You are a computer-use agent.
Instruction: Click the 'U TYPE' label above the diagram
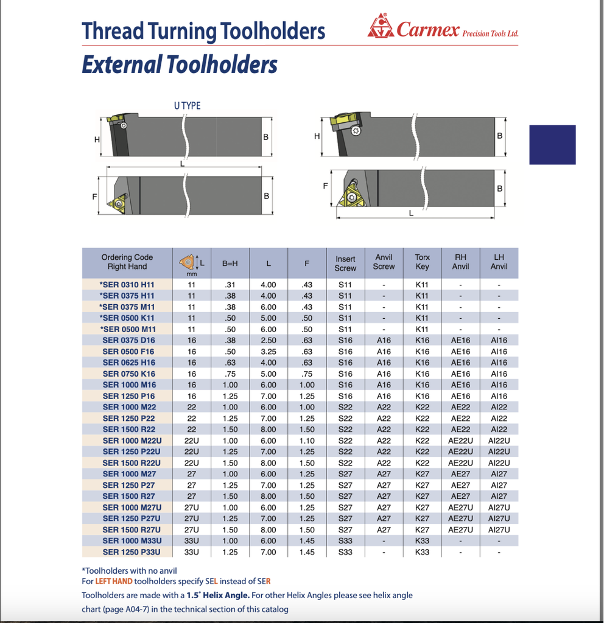tap(187, 106)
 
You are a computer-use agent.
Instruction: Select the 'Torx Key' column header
tap(422, 262)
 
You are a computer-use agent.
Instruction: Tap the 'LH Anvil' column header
tap(499, 262)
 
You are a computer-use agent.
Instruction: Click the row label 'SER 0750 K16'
tap(129, 374)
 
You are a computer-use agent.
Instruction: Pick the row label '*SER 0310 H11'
tap(127, 285)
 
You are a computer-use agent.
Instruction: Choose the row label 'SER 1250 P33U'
tap(132, 552)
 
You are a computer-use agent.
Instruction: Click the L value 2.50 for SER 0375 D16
tap(268, 341)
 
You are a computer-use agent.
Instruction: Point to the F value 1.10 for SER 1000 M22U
tap(307, 441)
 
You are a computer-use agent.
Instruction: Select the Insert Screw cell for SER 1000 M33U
tap(345, 541)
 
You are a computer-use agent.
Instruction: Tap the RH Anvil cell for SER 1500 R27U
tap(460, 530)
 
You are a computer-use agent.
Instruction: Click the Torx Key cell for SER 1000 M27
tap(422, 475)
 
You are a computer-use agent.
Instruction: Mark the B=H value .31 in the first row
tap(230, 285)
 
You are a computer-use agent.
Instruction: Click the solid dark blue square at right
tap(552, 145)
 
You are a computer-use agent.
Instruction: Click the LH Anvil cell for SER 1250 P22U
tap(499, 452)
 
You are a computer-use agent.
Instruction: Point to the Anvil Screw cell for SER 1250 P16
tap(384, 397)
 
